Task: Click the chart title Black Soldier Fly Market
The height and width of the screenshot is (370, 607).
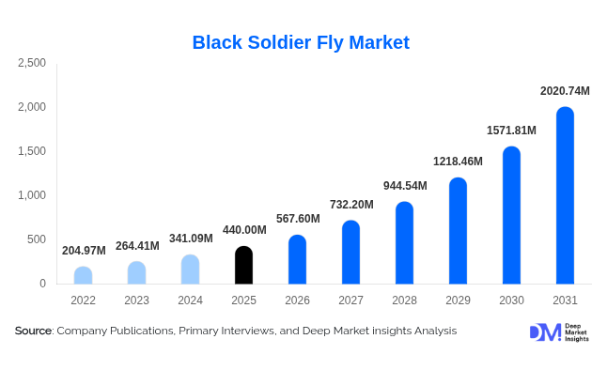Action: tap(301, 42)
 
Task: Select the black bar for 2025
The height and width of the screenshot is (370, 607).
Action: tap(243, 266)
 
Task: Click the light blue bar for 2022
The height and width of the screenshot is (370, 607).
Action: tap(83, 275)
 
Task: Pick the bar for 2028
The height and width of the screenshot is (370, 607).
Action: tap(404, 243)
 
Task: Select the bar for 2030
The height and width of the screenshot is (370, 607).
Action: tap(511, 215)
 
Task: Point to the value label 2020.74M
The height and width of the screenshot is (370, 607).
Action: tap(565, 91)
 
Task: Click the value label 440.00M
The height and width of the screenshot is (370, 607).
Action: tap(244, 230)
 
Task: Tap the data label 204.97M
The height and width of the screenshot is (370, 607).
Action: tap(84, 251)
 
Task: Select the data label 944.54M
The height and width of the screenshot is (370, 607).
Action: tap(405, 186)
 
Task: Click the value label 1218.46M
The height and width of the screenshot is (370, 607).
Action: tap(458, 162)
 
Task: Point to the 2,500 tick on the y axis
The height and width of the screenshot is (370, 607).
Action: tap(32, 63)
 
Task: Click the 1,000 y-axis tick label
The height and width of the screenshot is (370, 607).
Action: tap(32, 195)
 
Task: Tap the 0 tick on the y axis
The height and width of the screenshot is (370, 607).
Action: tap(42, 284)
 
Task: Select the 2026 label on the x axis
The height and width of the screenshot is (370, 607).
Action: tap(297, 301)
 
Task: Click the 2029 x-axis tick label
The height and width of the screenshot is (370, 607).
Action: tap(458, 301)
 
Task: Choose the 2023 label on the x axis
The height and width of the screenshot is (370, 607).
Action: tap(136, 301)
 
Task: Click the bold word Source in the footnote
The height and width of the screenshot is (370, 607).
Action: tap(33, 331)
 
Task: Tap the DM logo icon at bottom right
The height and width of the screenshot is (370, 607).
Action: tap(544, 331)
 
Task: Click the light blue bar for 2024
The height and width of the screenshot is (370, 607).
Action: tap(190, 270)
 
